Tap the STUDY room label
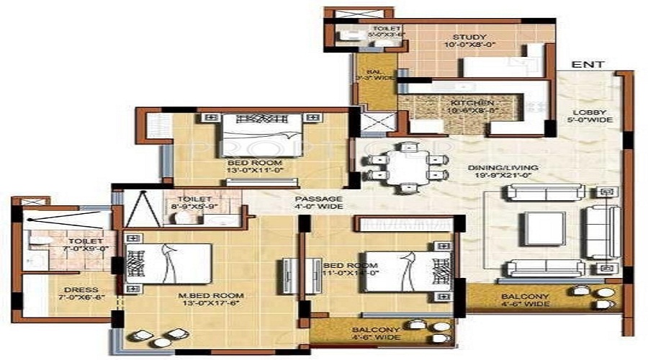(x=469, y=37)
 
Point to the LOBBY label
(x=594, y=112)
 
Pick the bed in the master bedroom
(x=170, y=264)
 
